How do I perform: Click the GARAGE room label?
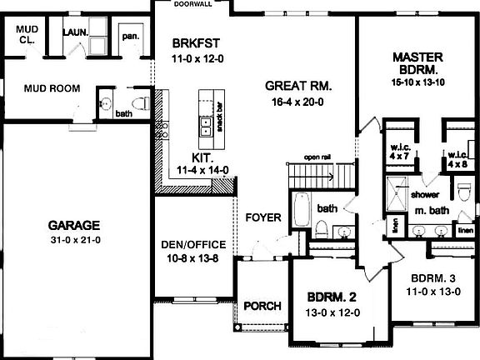point(73,225)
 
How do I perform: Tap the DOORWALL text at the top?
point(192,4)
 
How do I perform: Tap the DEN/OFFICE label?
point(193,244)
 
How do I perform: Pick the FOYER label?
point(262,218)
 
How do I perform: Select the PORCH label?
point(262,306)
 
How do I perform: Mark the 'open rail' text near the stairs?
point(318,157)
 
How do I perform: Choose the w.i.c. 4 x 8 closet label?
point(458,158)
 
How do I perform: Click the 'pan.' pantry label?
point(131,37)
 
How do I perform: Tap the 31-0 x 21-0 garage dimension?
point(73,242)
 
